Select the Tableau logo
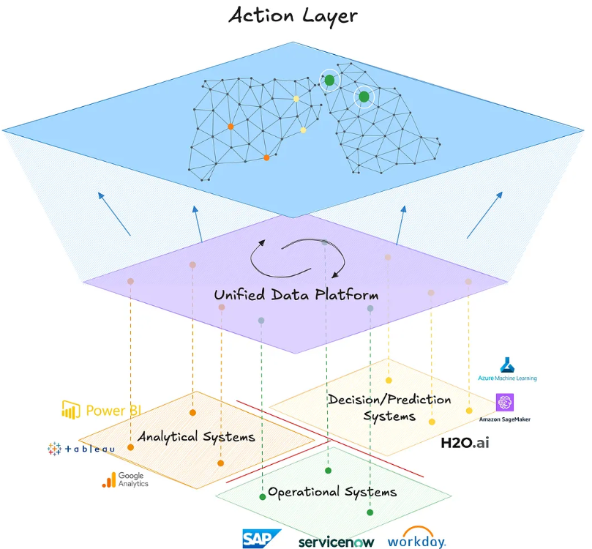coord(80,448)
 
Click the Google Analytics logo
coord(125,479)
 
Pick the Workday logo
coord(416,539)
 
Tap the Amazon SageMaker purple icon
coord(505,403)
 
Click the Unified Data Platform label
coord(296,295)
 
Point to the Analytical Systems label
coord(196,436)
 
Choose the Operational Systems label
coord(332,491)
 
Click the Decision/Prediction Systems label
coord(389,408)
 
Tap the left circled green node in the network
coord(329,79)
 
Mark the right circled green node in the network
coord(364,97)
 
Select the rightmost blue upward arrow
coord(486,214)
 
